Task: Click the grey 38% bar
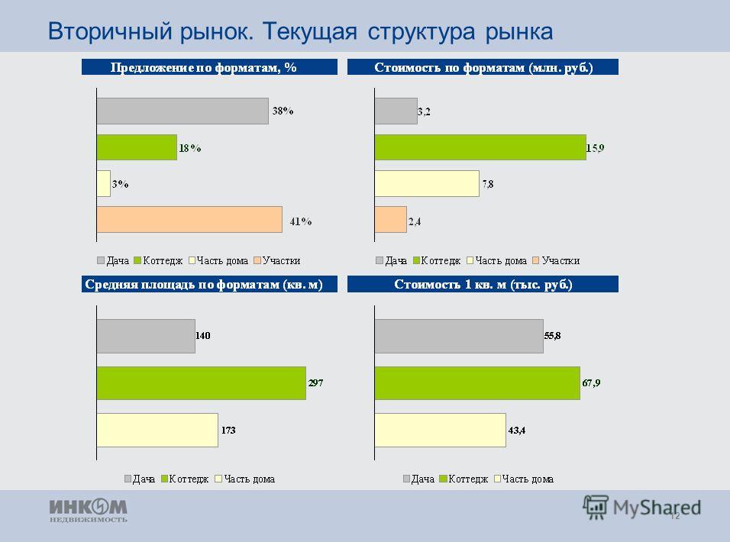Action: pyautogui.click(x=182, y=111)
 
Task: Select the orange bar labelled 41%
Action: pyautogui.click(x=189, y=220)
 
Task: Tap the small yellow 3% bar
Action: pyautogui.click(x=103, y=184)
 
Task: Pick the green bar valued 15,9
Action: pyautogui.click(x=480, y=147)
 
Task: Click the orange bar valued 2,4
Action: pyautogui.click(x=391, y=220)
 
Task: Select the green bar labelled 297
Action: pyautogui.click(x=201, y=383)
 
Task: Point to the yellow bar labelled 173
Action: pyautogui.click(x=157, y=431)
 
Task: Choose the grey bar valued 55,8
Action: pyautogui.click(x=459, y=336)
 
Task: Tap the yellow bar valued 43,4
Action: pyautogui.click(x=441, y=431)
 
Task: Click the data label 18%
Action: pyautogui.click(x=190, y=148)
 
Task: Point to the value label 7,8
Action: pyautogui.click(x=488, y=184)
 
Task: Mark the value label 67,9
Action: pyautogui.click(x=591, y=383)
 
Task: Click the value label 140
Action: pyautogui.click(x=203, y=335)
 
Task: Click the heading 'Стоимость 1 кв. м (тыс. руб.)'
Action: pyautogui.click(x=483, y=284)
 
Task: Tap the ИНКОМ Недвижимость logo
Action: pyautogui.click(x=89, y=511)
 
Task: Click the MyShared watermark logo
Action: pyautogui.click(x=641, y=508)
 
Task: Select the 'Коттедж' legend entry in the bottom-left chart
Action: pyautogui.click(x=185, y=479)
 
